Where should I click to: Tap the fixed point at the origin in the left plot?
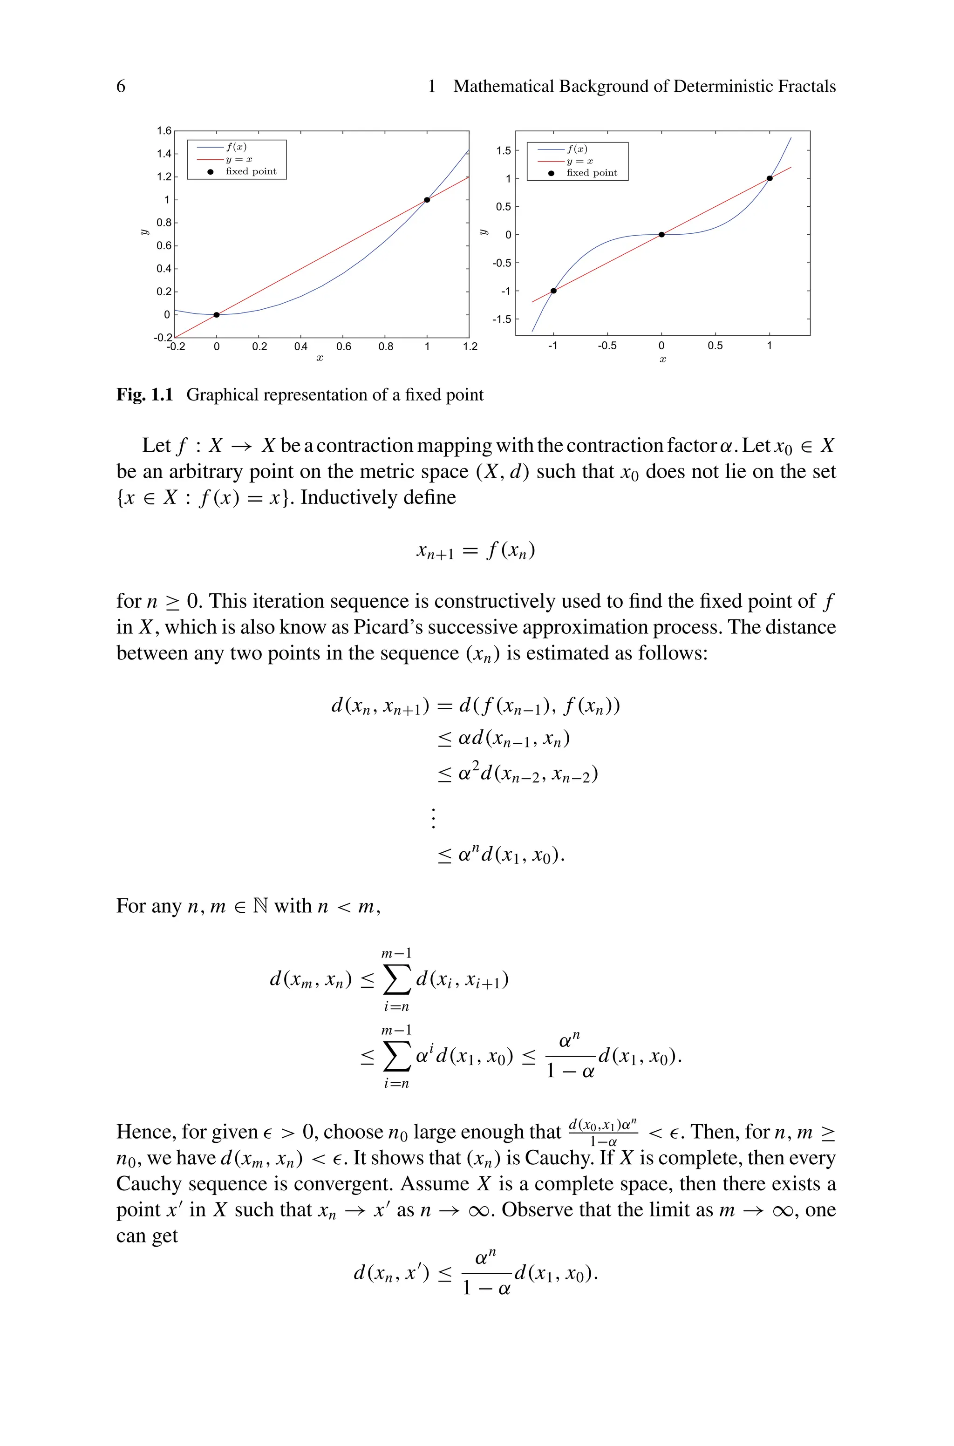(217, 314)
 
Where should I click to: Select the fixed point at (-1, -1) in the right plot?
(553, 291)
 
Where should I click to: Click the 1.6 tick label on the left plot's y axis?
(164, 131)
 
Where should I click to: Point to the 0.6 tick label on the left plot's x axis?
(343, 346)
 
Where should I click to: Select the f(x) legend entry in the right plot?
(577, 149)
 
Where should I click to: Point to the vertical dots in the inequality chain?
(433, 818)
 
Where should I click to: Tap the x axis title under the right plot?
(662, 360)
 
